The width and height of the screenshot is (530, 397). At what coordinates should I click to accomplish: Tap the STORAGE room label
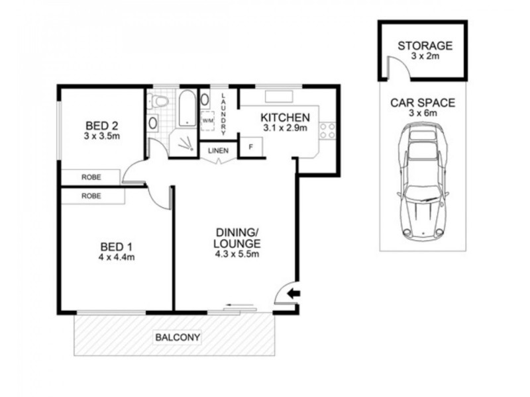tap(424, 46)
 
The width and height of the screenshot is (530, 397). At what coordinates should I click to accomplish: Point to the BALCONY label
tap(177, 337)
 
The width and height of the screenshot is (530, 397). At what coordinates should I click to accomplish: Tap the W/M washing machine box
tap(207, 121)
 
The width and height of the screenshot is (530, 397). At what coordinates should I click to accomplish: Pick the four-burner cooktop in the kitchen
tap(326, 130)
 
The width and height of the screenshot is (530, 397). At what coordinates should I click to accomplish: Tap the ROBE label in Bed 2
tap(91, 177)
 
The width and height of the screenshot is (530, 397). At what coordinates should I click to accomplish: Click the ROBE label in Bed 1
tap(91, 196)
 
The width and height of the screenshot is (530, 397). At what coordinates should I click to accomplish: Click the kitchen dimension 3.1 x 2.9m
tap(286, 128)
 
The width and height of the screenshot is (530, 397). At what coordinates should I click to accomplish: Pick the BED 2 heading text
tap(103, 125)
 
